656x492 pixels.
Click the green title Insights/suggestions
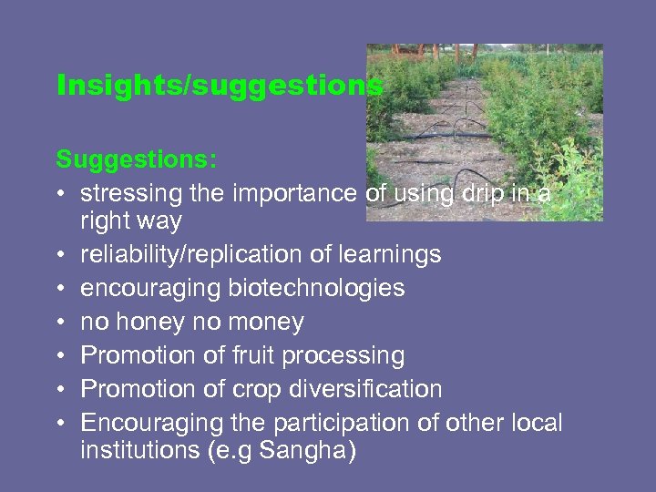pyautogui.click(x=219, y=87)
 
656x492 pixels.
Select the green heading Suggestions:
pyautogui.click(x=137, y=159)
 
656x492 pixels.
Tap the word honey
pyautogui.click(x=153, y=322)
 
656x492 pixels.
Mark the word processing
pyautogui.click(x=347, y=355)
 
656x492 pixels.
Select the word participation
pyautogui.click(x=346, y=423)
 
